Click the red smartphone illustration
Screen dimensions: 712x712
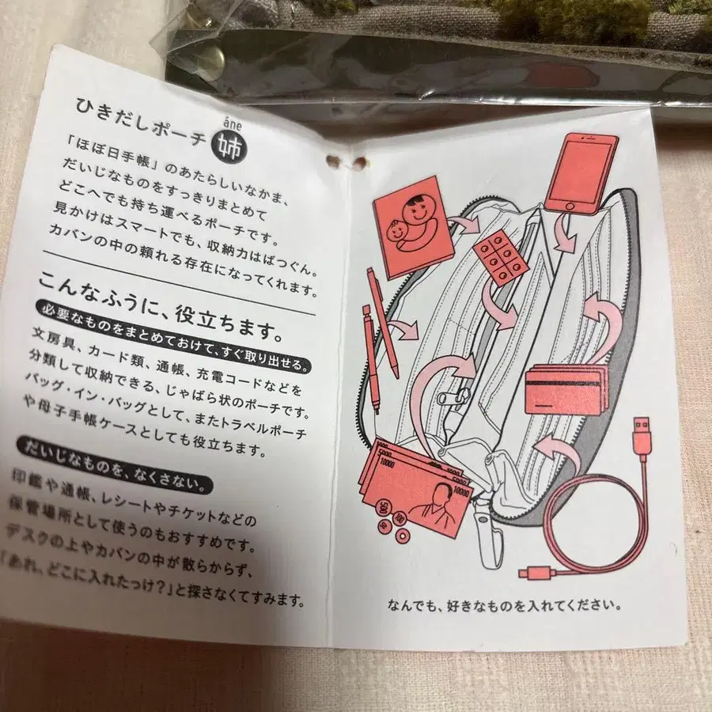[581, 174]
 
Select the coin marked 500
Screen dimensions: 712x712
[383, 507]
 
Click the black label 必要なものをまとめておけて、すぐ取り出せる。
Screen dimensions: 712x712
[173, 336]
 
